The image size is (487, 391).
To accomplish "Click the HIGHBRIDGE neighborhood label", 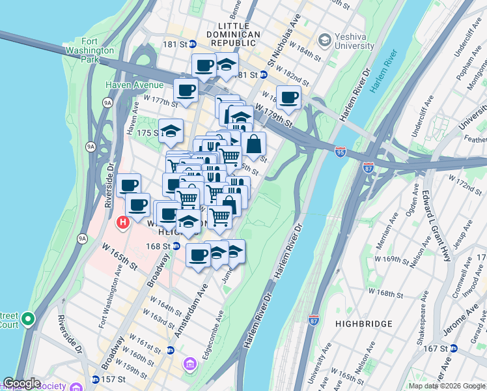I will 364,323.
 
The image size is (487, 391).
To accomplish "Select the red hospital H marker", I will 122,224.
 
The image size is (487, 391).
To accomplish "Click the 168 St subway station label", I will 158,246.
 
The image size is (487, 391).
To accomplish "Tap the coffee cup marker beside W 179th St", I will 289,98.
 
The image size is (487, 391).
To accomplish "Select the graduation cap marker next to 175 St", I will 171,130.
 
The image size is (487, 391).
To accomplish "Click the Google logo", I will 21,383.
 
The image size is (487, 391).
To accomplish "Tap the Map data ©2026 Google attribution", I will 447,386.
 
